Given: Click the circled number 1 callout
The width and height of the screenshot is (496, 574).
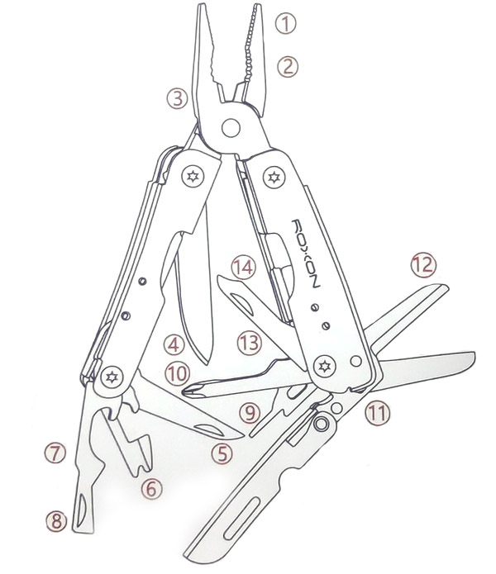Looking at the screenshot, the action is (286, 24).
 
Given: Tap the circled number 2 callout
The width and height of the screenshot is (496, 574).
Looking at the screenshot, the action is (288, 67).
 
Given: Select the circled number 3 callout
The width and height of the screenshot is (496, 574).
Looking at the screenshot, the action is (178, 98).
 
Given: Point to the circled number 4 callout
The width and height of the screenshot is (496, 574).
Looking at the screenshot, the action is (174, 344).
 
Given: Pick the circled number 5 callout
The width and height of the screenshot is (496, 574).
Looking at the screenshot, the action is (222, 453).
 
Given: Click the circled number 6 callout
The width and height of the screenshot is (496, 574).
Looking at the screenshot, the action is (151, 488).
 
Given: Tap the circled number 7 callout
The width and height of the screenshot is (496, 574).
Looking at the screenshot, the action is (55, 453).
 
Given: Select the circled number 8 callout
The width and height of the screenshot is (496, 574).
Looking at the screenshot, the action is (56, 521).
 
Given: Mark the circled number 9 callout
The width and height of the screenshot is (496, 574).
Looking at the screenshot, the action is (250, 413).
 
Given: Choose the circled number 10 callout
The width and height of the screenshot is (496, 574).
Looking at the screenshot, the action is (177, 374).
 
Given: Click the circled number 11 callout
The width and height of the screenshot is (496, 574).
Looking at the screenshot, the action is (377, 413).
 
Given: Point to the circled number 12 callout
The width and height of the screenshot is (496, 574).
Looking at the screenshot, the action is (423, 264).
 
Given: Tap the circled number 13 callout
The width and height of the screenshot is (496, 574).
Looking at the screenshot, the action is (250, 343).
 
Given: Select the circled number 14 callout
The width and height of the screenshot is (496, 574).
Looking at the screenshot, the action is (244, 267).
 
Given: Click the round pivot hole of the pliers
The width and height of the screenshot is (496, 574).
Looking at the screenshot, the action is (231, 128).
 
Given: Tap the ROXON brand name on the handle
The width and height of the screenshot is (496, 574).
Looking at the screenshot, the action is (306, 254).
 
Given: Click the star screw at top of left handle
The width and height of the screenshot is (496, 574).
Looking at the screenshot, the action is (193, 177).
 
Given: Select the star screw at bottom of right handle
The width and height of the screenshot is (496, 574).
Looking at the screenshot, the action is (325, 366).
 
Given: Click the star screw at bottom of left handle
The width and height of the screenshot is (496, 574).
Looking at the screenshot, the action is (112, 377).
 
